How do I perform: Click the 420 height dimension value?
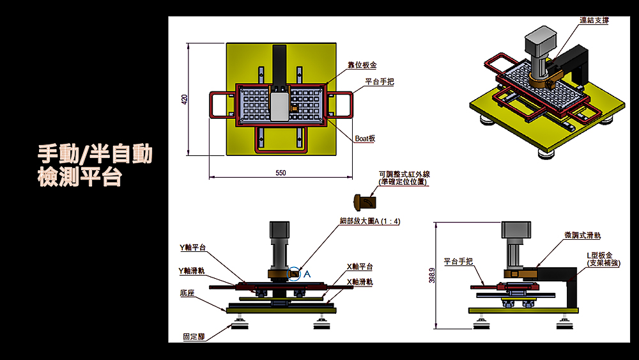click(x=185, y=100)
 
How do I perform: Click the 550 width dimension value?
click(x=281, y=173)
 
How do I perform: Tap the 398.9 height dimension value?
click(x=431, y=275)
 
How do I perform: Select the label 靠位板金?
click(x=362, y=65)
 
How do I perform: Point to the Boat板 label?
click(x=365, y=138)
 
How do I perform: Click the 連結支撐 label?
click(x=594, y=20)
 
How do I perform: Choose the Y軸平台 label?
click(x=193, y=247)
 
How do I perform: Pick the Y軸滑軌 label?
click(x=192, y=270)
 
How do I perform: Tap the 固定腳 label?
click(x=194, y=336)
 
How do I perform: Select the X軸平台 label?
click(x=360, y=267)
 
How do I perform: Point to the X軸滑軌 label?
click(x=360, y=282)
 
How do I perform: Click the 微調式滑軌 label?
click(x=582, y=235)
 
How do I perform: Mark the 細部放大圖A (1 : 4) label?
click(x=370, y=221)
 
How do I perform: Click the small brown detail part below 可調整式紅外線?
click(x=366, y=202)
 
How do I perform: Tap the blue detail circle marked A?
click(x=295, y=274)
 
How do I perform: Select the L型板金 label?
click(x=604, y=259)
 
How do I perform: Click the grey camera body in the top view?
click(x=279, y=105)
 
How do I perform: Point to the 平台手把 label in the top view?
click(x=380, y=82)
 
